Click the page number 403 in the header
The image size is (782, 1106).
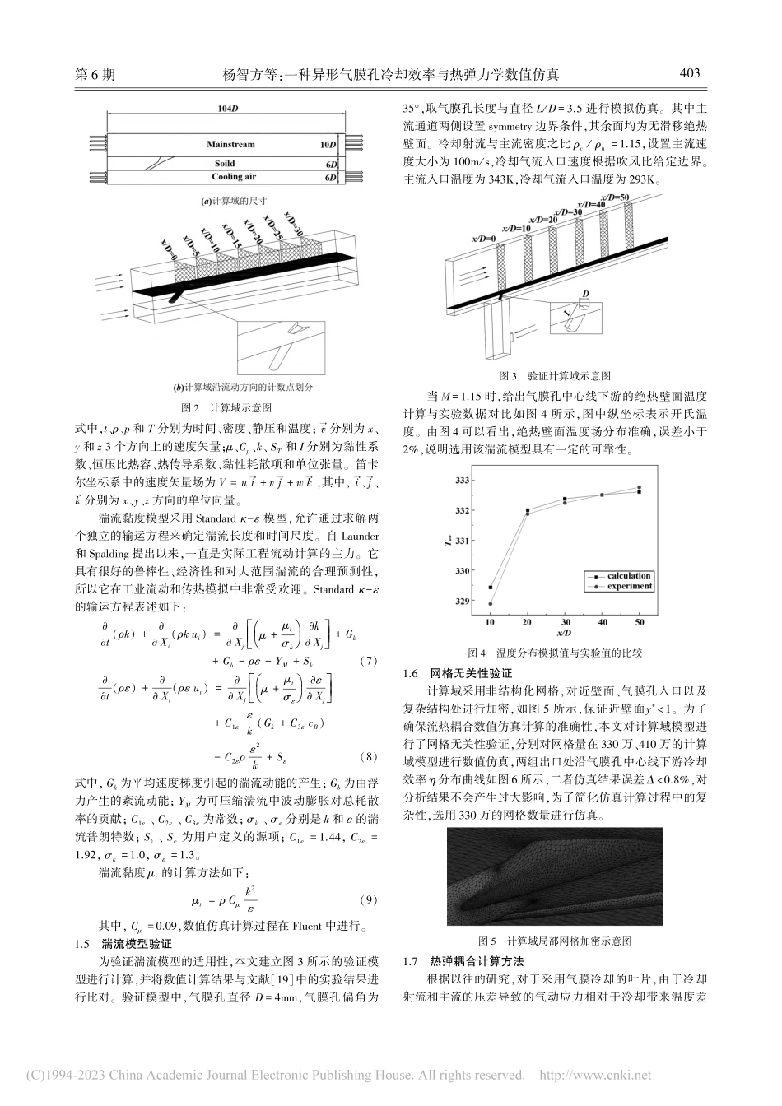(689, 73)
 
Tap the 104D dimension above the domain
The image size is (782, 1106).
(228, 109)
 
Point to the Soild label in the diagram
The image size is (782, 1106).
(225, 164)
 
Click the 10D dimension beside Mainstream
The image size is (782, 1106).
(329, 145)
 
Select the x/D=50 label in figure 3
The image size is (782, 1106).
(615, 198)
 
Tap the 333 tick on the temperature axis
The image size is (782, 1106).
(462, 480)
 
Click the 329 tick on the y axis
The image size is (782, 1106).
(462, 601)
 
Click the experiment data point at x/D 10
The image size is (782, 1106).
(491, 604)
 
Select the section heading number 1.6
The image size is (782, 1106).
(410, 673)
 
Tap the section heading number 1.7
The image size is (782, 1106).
(410, 961)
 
